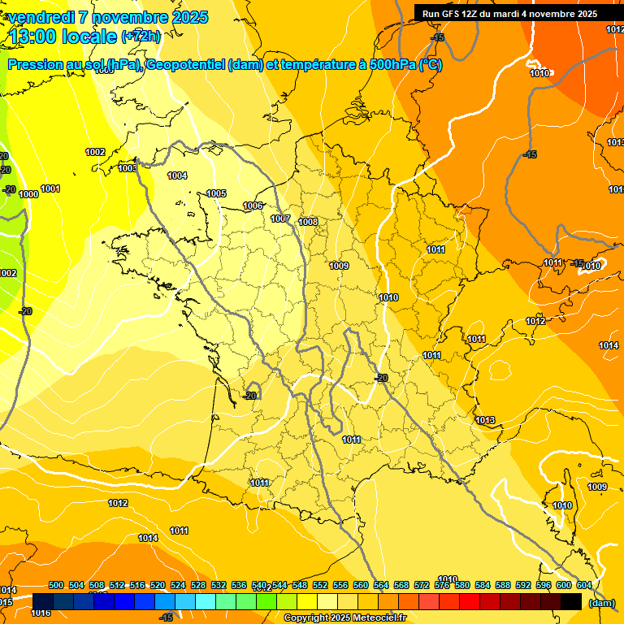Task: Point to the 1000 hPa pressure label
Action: [x=28, y=194]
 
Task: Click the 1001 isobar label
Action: [x=50, y=188]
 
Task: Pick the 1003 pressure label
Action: [x=128, y=168]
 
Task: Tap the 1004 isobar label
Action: [x=177, y=175]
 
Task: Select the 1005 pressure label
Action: [x=216, y=193]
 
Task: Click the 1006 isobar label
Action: [x=253, y=206]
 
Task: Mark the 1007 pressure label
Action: [x=280, y=219]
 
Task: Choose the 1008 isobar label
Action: [x=308, y=222]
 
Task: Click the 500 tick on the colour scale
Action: [x=56, y=585]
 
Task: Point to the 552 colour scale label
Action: [x=320, y=585]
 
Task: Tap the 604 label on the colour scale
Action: [x=584, y=585]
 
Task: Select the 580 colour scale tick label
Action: [x=462, y=585]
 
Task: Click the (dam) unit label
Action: [x=602, y=603]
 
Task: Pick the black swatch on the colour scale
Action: [x=571, y=601]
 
